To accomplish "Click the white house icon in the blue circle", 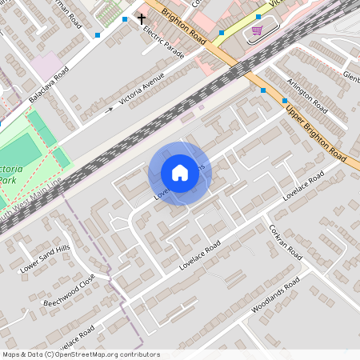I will (x=179, y=173).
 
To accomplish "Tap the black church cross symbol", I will (x=142, y=18).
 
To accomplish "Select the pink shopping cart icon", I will (x=257, y=30).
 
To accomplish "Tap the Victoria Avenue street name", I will (x=142, y=90).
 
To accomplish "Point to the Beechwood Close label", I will (x=70, y=292).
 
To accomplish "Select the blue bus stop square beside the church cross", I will (x=125, y=18).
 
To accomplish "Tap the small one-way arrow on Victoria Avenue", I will (x=109, y=110).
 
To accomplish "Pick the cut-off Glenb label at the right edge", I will (x=351, y=77).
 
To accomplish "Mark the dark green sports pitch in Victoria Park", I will (x=24, y=150).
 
